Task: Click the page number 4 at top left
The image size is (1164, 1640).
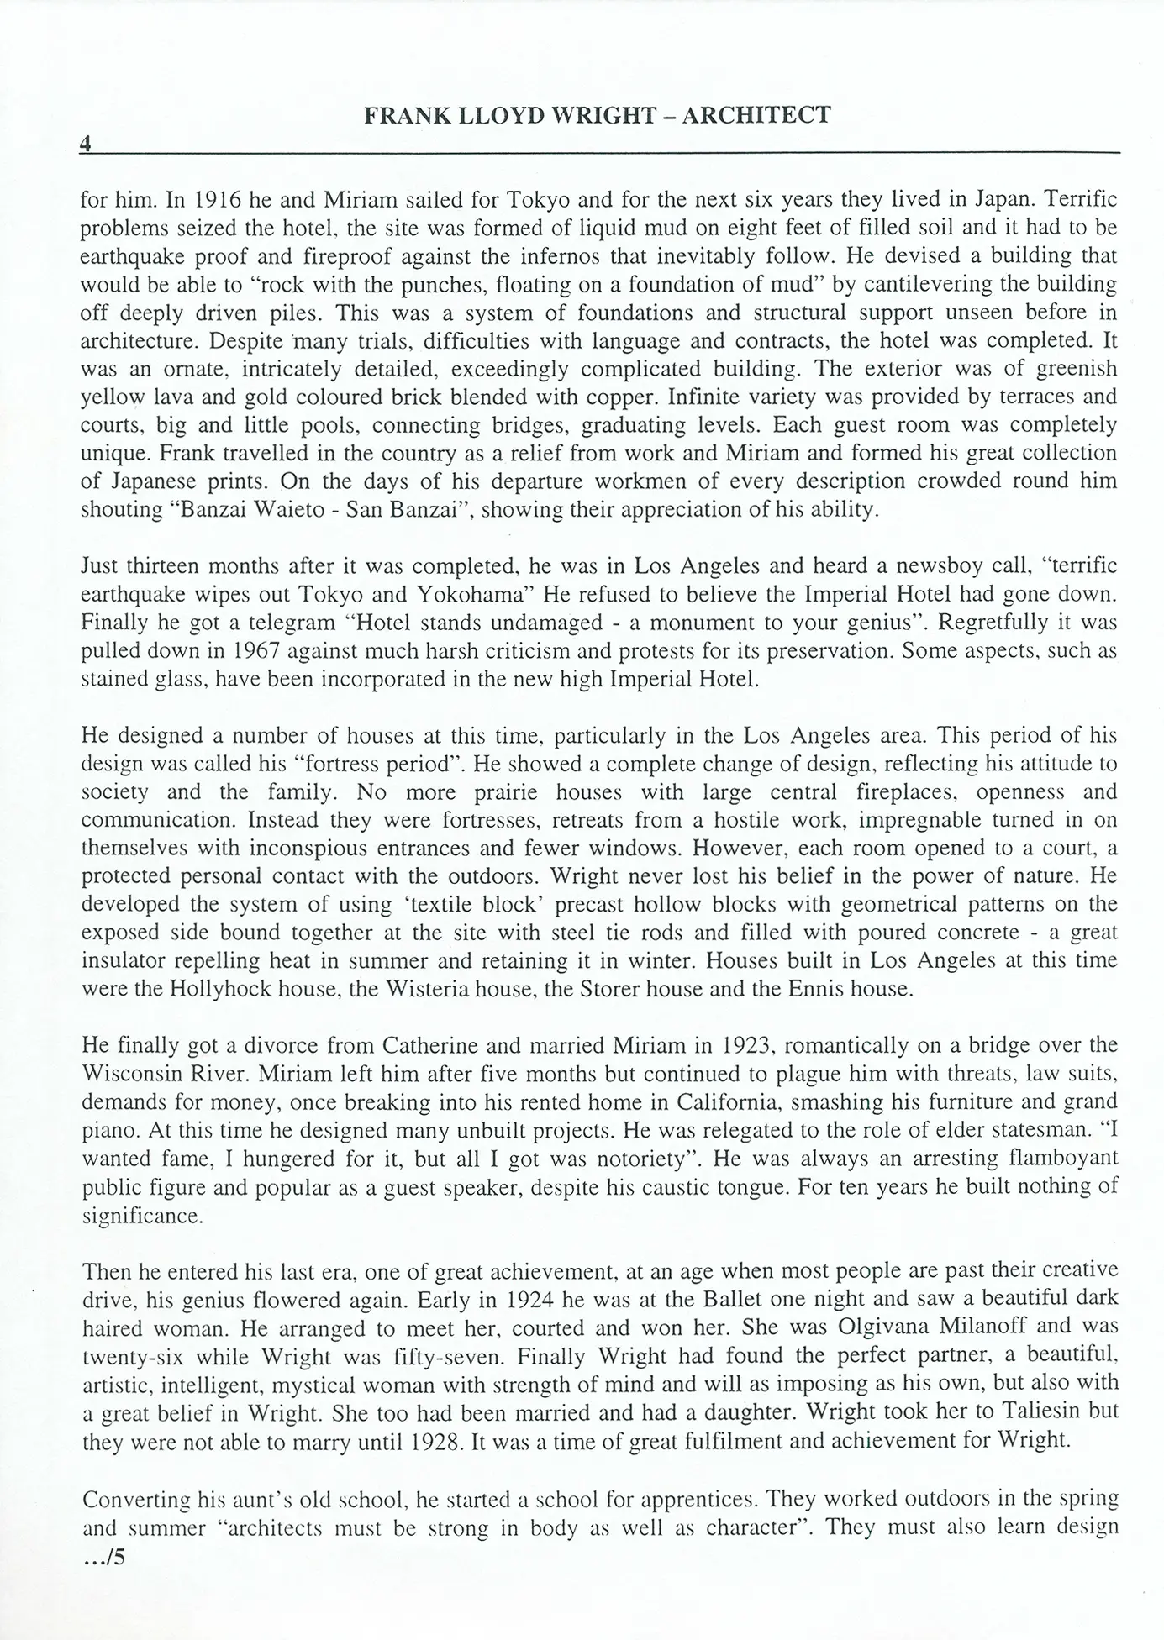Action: [x=85, y=144]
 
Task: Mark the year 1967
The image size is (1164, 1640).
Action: [x=231, y=650]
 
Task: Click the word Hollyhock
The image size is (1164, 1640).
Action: [x=215, y=989]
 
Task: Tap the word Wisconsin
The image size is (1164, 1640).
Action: [x=134, y=1074]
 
